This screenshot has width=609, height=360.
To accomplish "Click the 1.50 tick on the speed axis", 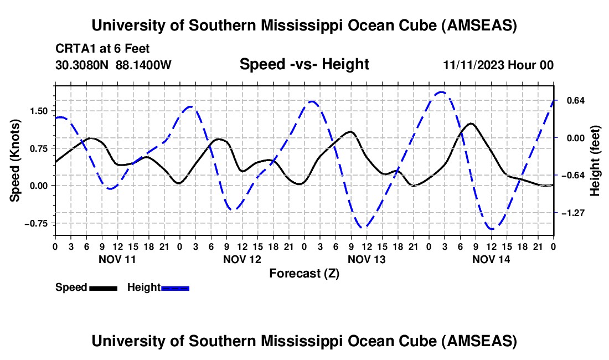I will [x=39, y=111].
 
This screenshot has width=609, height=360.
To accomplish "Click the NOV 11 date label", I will [x=117, y=259].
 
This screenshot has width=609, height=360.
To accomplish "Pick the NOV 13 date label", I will [x=367, y=259].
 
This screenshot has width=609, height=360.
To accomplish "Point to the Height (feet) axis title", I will [x=595, y=161].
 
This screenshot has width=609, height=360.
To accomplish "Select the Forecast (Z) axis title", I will [x=304, y=273].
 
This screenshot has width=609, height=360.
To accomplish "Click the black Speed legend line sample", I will [x=103, y=288].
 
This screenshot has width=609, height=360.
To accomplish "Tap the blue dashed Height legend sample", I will [x=175, y=288].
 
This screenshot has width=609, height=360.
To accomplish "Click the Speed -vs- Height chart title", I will [x=304, y=64].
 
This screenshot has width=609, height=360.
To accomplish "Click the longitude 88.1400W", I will [x=144, y=65].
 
